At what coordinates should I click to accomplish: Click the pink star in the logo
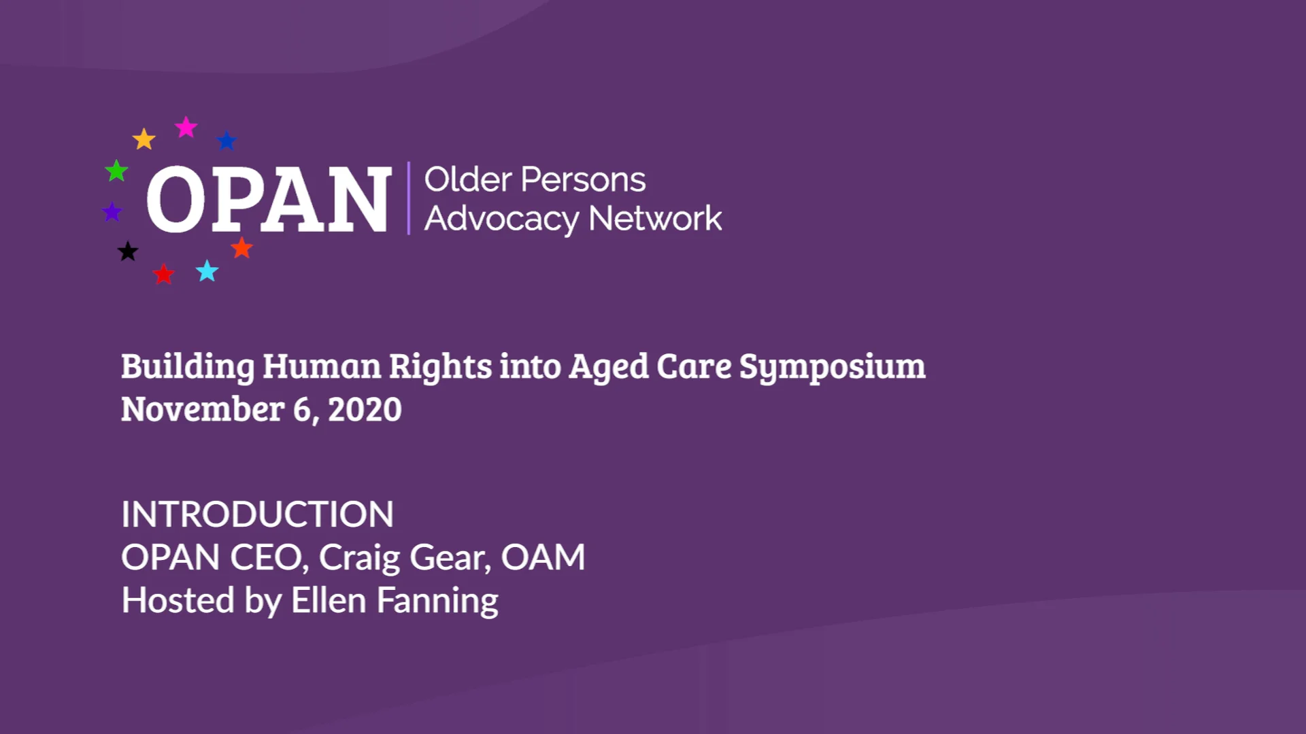pos(186,127)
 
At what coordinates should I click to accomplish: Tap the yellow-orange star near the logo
pos(144,139)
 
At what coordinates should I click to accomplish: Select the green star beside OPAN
pos(116,171)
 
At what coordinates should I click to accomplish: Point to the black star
pos(127,251)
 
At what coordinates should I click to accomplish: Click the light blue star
pos(207,270)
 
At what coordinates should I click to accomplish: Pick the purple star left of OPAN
pos(112,212)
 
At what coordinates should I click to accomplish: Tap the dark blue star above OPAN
pos(227,141)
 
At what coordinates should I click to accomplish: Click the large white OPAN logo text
pos(269,200)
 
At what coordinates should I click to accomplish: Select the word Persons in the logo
pos(583,180)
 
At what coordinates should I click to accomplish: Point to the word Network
pos(655,218)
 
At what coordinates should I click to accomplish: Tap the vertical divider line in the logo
pos(408,198)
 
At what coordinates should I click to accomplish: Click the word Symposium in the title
pos(833,368)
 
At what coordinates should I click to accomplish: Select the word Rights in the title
pos(440,368)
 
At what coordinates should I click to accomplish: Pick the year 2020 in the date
pos(365,409)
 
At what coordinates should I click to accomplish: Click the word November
pos(203,409)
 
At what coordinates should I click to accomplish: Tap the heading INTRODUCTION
pos(257,514)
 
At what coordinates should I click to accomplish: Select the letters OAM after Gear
pos(543,557)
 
